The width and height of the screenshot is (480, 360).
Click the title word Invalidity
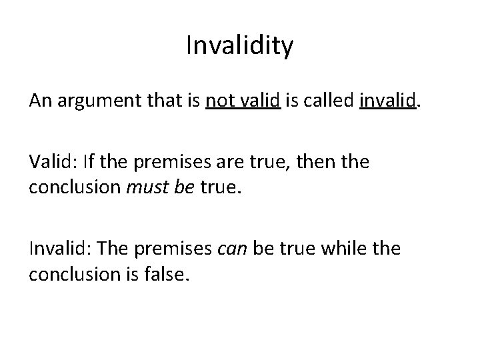239,46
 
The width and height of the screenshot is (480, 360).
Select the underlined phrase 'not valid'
243,101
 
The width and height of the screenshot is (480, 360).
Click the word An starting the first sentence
38,101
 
